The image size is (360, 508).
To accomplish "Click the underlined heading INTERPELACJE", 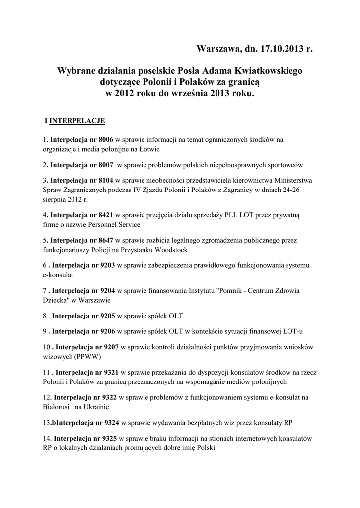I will pyautogui.click(x=77, y=120).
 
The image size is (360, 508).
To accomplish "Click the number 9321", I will pyautogui.click(x=110, y=372).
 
